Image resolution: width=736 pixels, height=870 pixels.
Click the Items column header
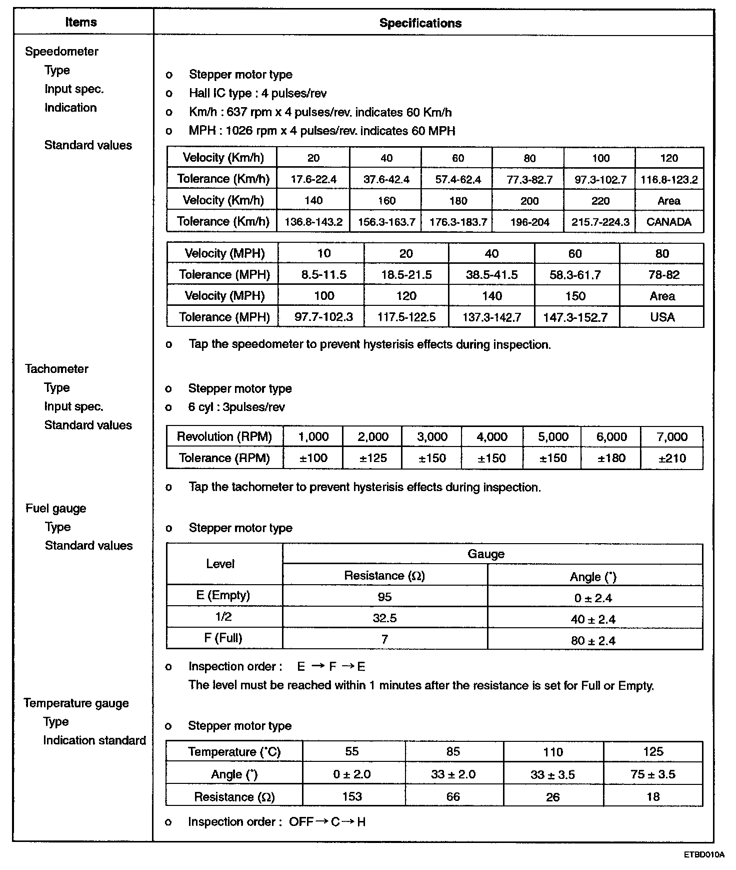coord(81,23)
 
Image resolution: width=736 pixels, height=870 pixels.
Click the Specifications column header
coord(420,23)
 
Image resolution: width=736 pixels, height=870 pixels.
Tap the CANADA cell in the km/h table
coord(668,222)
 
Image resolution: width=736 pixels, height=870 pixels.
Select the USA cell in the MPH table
coord(662,317)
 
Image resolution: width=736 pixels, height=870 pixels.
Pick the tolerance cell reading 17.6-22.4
coord(313,179)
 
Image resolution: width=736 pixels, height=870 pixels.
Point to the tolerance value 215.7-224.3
coord(600,222)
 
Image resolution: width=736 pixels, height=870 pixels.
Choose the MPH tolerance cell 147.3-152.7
coord(575,317)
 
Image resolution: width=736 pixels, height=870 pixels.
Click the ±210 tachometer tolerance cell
coord(672,458)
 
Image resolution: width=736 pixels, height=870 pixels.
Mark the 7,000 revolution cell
coord(672,437)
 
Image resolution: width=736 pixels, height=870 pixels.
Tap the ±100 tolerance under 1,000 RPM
coord(313,458)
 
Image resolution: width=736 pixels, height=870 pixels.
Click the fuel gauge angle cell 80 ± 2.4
coord(594,641)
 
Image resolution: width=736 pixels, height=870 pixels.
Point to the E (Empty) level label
coord(223,595)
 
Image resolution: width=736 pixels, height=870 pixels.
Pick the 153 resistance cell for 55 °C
coord(352,796)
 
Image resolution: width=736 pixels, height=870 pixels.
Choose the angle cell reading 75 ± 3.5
coord(652,774)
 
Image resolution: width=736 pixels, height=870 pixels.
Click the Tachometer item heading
coord(56,369)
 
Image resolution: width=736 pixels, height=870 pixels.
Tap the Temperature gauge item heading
coord(76,703)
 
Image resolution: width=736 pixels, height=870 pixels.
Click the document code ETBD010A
coord(703,854)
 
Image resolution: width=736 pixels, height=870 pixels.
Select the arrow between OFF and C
coord(322,821)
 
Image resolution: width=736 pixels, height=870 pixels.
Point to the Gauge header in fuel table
coord(485,554)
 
